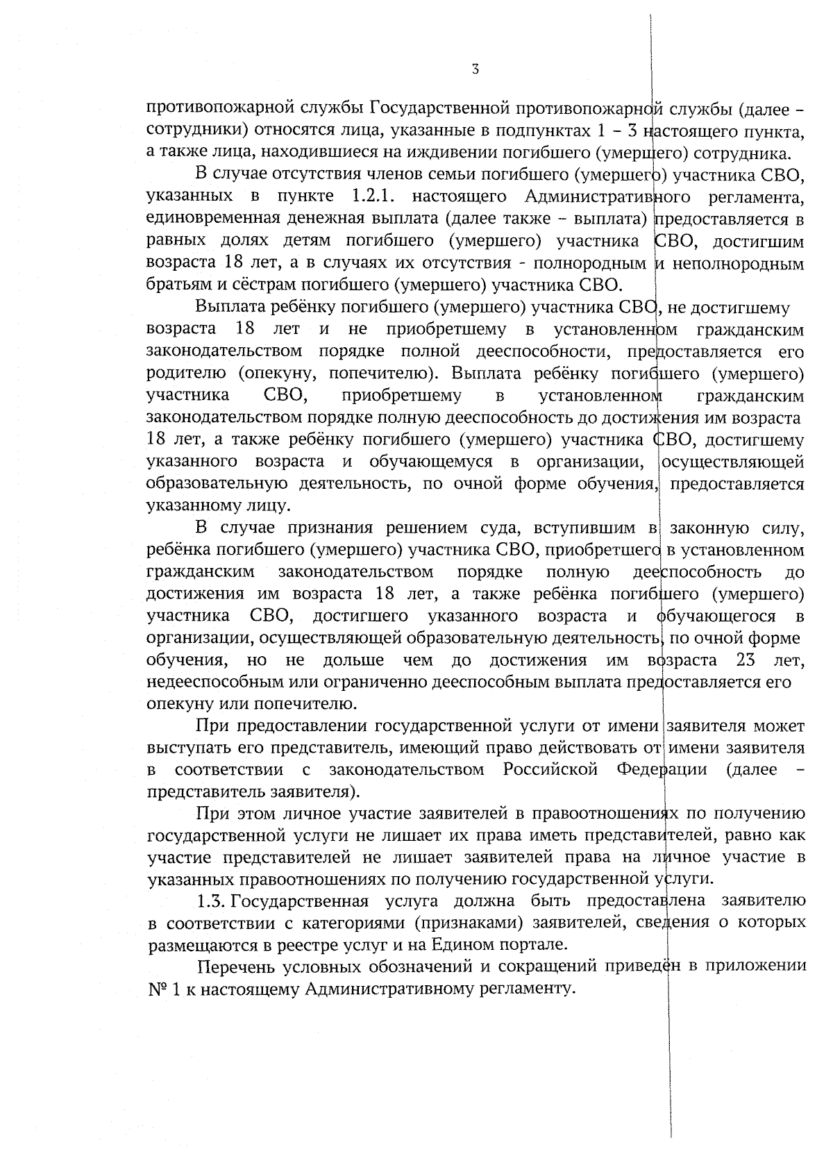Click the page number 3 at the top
476,68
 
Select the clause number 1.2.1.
373,196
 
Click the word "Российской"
550,769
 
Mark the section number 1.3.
210,901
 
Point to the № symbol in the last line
155,989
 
